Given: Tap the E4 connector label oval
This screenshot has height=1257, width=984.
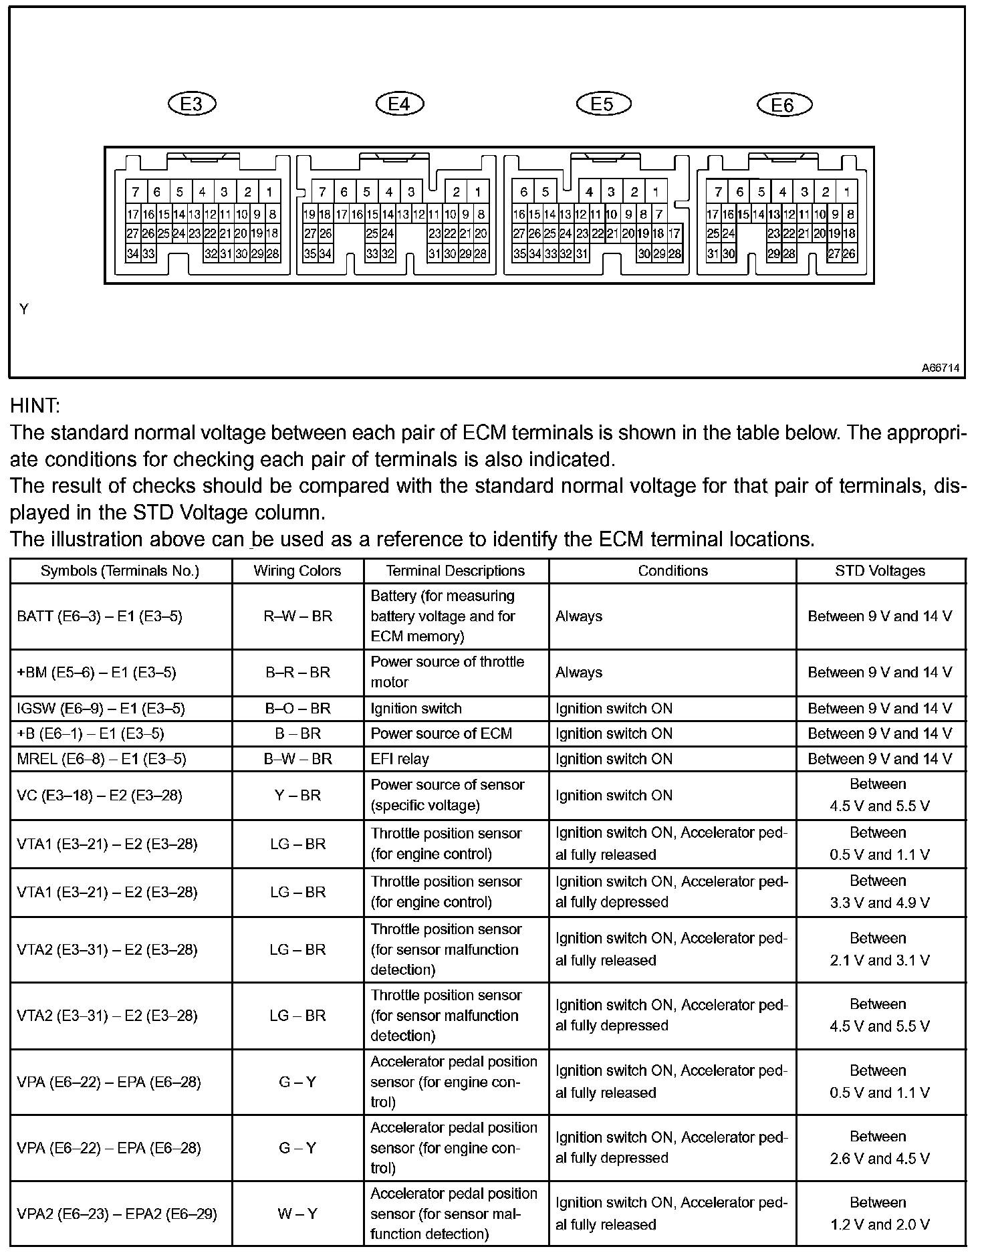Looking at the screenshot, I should point(399,104).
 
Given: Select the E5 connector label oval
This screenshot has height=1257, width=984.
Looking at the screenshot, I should point(603,104).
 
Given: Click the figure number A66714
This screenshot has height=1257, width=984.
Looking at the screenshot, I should point(940,368).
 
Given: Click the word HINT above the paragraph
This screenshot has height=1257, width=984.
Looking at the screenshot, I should point(35,406).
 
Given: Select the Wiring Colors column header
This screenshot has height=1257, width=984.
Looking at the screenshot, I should point(297,571).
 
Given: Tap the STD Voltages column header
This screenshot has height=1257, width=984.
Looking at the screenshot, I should point(880,571).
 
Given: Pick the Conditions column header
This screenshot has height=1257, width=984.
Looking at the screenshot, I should point(672,571).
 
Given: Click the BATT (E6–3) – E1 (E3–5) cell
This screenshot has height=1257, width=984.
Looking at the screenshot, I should point(100,616).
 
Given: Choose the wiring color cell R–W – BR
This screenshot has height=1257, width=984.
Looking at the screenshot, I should point(297,616).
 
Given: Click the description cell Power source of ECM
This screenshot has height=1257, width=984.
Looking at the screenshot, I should point(441,734).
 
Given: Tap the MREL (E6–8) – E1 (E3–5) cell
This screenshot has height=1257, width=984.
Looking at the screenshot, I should point(102,760).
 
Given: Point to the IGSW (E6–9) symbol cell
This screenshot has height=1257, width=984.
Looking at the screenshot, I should point(101,709).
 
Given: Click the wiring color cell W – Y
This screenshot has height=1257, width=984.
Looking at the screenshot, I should point(297,1214).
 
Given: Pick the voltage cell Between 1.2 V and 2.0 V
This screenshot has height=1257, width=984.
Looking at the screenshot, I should point(880,1214).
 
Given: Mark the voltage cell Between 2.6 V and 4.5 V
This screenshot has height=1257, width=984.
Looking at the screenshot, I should point(880,1147).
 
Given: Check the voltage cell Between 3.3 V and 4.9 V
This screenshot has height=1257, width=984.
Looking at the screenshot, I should point(880,892).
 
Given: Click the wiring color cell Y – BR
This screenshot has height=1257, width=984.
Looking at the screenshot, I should point(297,796).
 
